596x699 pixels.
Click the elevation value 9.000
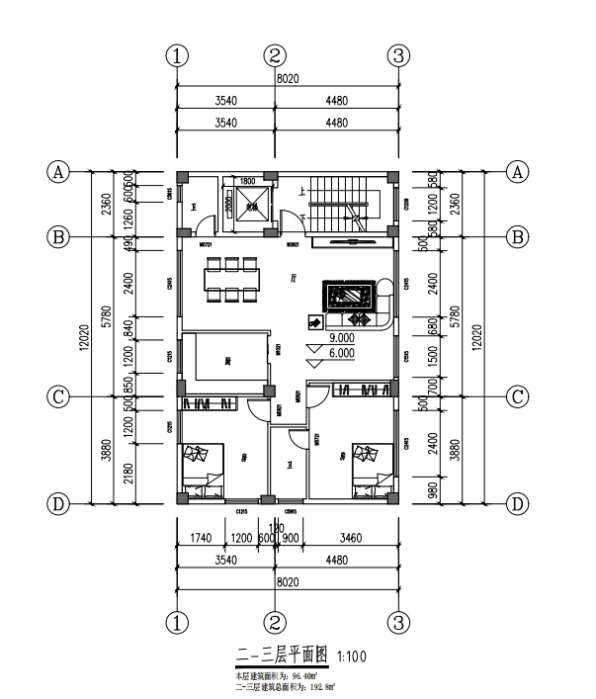click(342, 338)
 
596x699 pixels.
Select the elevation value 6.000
click(342, 353)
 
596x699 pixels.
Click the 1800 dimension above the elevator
click(247, 181)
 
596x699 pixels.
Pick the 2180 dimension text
click(128, 474)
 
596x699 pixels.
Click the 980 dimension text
click(405, 488)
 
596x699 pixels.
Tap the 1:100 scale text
click(356, 655)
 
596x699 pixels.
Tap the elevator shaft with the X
click(253, 207)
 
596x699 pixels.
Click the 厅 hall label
click(294, 279)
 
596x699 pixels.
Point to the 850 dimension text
click(128, 384)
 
